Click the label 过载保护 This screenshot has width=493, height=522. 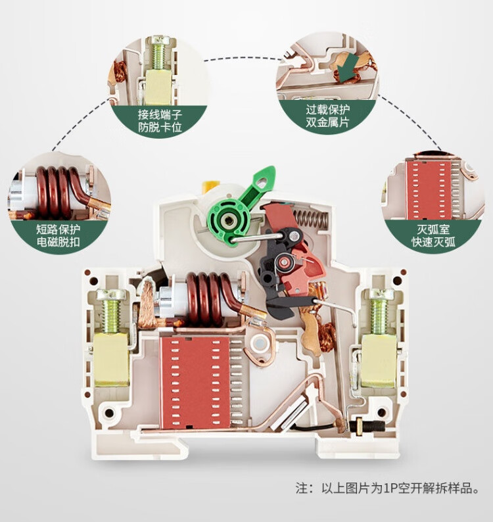pyautogui.click(x=327, y=110)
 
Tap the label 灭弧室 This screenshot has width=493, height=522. pyautogui.click(x=433, y=229)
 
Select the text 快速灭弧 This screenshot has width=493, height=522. pyautogui.click(x=433, y=243)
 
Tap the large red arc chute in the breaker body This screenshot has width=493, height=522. pyautogui.click(x=195, y=381)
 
